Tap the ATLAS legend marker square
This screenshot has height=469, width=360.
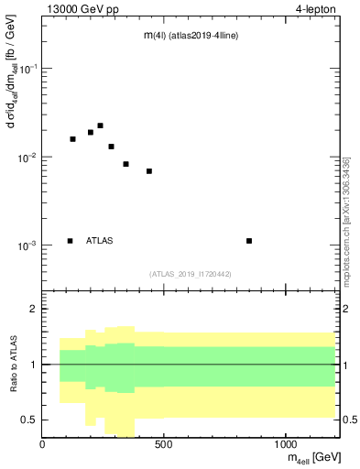pyautogui.click(x=71, y=241)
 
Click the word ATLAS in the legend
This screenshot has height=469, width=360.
pyautogui.click(x=100, y=241)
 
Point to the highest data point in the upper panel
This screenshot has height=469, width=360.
pyautogui.click(x=100, y=125)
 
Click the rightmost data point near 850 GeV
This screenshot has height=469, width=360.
pyautogui.click(x=249, y=241)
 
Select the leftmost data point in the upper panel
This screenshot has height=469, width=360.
pyautogui.click(x=72, y=139)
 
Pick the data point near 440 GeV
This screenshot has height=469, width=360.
pyautogui.click(x=148, y=171)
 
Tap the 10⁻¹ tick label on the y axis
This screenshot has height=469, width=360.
pyautogui.click(x=28, y=70)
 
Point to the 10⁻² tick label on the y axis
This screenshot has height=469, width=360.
pyautogui.click(x=28, y=158)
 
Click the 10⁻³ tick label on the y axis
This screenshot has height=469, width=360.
pyautogui.click(x=28, y=245)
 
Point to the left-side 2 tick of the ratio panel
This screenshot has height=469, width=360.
pyautogui.click(x=34, y=310)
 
